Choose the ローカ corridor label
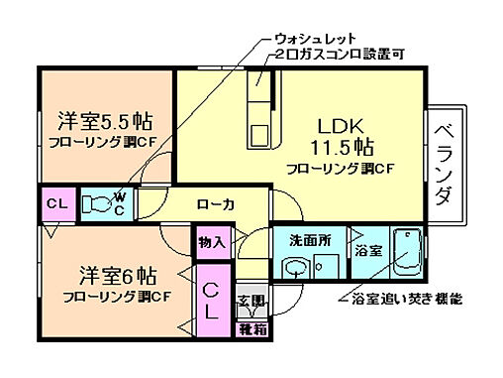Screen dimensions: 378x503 click(x=214, y=204)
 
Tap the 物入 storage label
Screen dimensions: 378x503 click(x=212, y=241)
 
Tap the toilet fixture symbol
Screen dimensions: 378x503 click(x=99, y=204)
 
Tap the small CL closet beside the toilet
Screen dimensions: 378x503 click(x=56, y=204)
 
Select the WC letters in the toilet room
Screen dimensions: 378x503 click(x=118, y=203)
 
